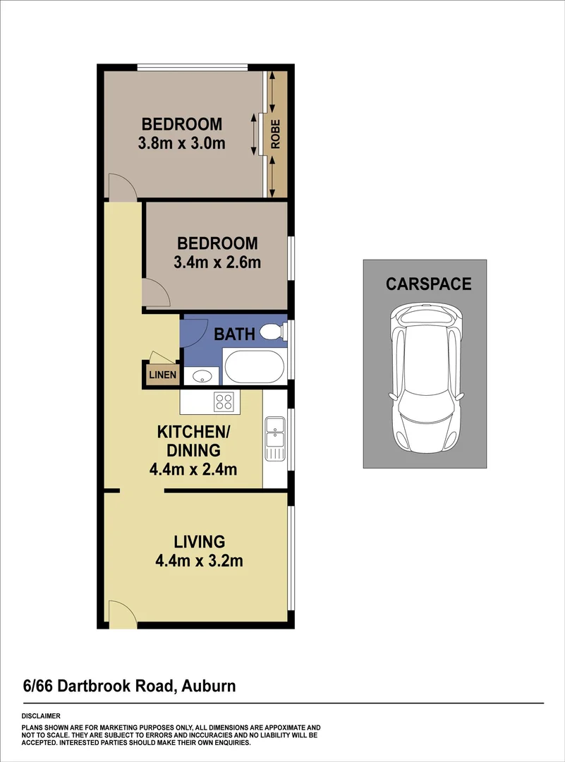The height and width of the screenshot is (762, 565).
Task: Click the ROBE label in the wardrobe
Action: tap(276, 134)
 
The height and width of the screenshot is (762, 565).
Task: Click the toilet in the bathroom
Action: tap(271, 332)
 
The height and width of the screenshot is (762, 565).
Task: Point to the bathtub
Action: tap(254, 367)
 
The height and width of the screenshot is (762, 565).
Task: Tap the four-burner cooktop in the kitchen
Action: tap(224, 401)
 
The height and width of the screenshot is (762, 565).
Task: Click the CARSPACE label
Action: tap(428, 284)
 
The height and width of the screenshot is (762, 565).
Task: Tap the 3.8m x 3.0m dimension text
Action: tap(182, 144)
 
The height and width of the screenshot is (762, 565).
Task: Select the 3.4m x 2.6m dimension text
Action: tap(217, 263)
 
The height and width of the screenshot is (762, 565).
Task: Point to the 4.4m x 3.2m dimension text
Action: tap(200, 562)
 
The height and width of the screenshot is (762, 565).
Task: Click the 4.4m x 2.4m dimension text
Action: tap(193, 469)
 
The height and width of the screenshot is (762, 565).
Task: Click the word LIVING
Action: tap(200, 542)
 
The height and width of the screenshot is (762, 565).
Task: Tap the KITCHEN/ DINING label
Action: tap(188, 440)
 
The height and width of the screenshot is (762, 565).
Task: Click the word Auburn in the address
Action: tap(208, 686)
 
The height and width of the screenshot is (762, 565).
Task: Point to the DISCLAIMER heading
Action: tap(41, 716)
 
